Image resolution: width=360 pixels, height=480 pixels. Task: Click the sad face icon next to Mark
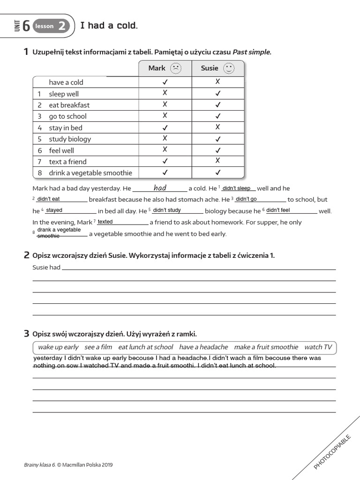pyautogui.click(x=176, y=68)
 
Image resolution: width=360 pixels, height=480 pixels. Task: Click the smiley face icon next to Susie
pyautogui.click(x=228, y=68)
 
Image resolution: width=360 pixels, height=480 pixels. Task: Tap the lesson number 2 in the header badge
pyautogui.click(x=62, y=26)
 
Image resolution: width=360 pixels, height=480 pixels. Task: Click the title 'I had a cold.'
pyautogui.click(x=109, y=25)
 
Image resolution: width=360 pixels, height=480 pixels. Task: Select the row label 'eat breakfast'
pyautogui.click(x=69, y=105)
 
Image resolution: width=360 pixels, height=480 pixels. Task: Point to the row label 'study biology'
pyautogui.click(x=70, y=139)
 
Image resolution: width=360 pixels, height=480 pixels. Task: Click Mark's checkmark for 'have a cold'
pyautogui.click(x=165, y=82)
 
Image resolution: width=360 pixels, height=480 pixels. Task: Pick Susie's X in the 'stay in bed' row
pyautogui.click(x=217, y=127)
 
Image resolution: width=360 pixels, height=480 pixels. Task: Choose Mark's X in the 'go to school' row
pyautogui.click(x=165, y=116)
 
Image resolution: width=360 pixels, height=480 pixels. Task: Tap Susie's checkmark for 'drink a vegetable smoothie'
pyautogui.click(x=217, y=172)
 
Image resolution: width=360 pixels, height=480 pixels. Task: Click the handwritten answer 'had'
pyautogui.click(x=160, y=188)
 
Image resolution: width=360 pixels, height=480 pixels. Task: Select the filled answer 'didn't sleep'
pyautogui.click(x=236, y=188)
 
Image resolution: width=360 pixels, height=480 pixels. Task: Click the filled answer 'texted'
pyautogui.click(x=105, y=222)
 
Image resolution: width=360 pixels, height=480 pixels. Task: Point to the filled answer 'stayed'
pyautogui.click(x=54, y=210)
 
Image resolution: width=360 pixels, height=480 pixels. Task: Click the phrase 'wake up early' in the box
pyautogui.click(x=58, y=347)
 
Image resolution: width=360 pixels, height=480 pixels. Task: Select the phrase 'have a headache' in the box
pyautogui.click(x=203, y=347)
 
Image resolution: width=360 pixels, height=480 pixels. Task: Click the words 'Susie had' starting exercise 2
pyautogui.click(x=46, y=268)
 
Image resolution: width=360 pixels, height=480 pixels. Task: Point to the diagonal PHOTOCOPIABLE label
pyautogui.click(x=332, y=451)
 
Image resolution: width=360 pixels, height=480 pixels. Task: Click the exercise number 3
pyautogui.click(x=26, y=334)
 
